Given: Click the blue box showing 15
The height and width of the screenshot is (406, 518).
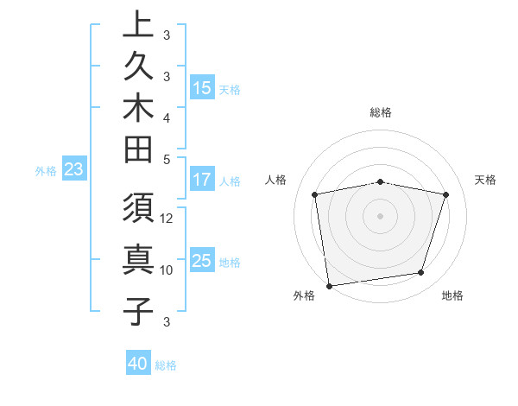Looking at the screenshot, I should click(202, 87).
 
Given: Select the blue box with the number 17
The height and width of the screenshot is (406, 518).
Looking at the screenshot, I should click(202, 181).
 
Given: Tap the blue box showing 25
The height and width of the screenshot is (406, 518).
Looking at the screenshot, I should click(202, 261).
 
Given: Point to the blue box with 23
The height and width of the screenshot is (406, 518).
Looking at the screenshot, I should click(73, 170).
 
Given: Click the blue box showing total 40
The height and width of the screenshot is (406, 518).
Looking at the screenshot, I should click(138, 364).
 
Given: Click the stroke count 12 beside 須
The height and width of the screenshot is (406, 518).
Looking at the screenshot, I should click(167, 219).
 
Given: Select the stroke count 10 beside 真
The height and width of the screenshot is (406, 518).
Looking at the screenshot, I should click(167, 270).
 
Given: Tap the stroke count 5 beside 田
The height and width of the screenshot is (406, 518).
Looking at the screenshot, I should click(167, 158).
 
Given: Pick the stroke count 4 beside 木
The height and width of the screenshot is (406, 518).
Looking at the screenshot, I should click(167, 117).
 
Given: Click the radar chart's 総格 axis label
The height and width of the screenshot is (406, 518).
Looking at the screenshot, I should click(381, 112).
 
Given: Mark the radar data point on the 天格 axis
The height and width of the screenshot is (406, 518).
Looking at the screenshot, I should click(446, 194).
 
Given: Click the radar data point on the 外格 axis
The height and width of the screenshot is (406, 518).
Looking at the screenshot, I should click(329, 285).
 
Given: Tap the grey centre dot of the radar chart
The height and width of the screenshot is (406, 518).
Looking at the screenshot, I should click(381, 215).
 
